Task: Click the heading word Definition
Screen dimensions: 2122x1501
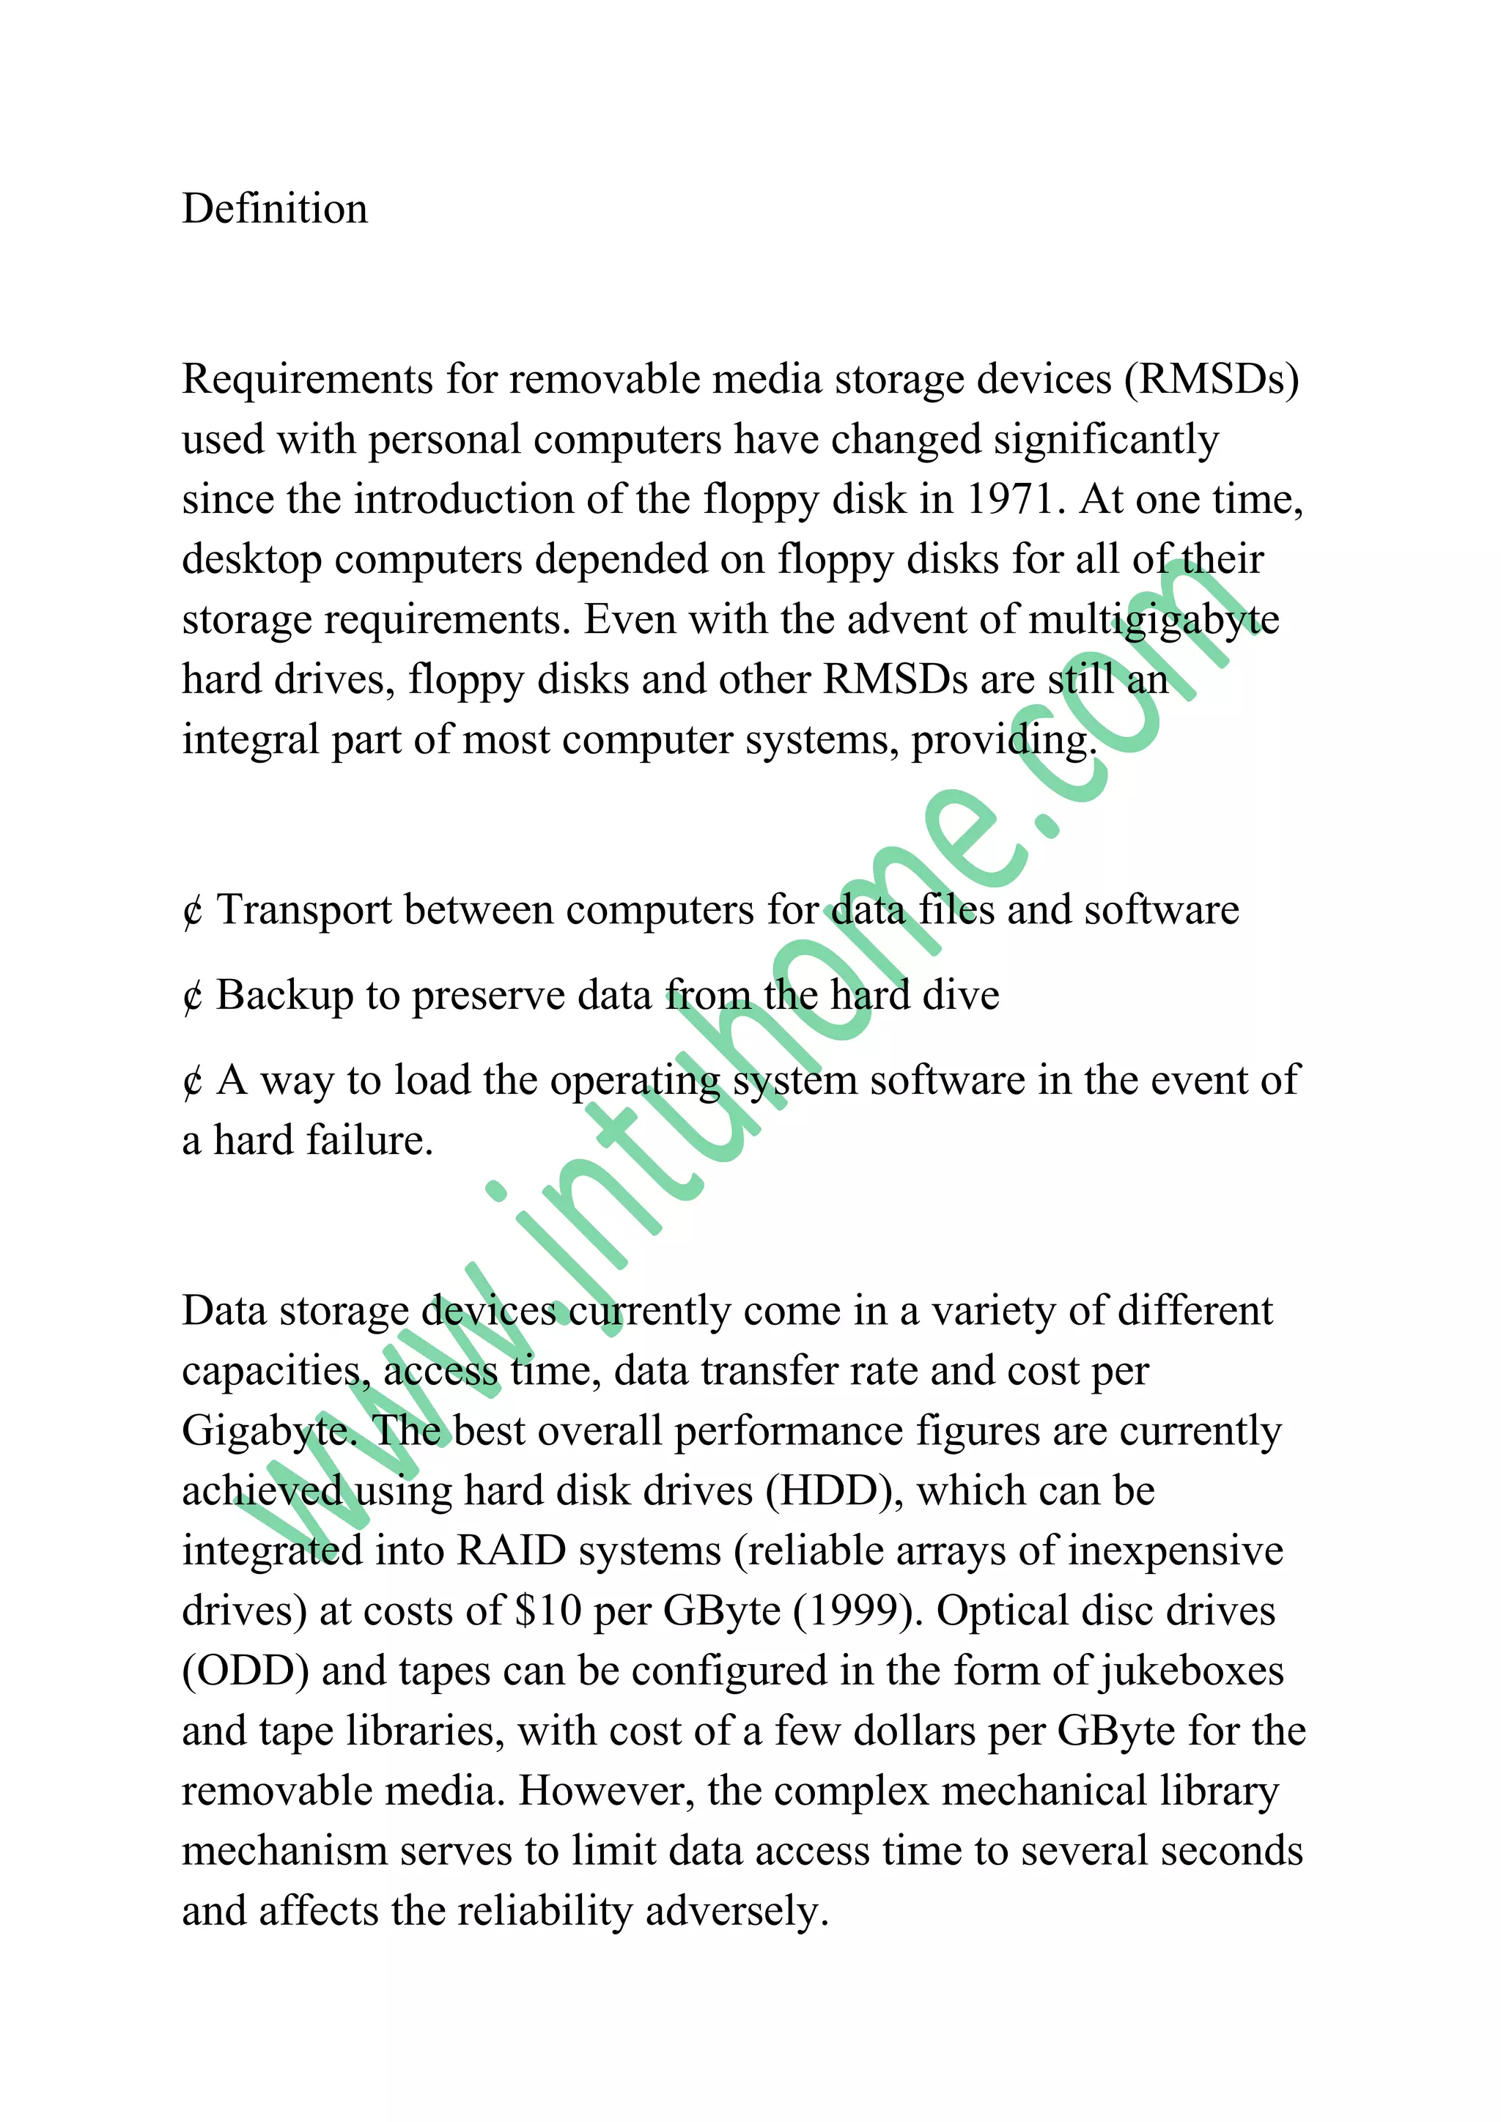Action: [275, 209]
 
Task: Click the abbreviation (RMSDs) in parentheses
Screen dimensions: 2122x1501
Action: [1212, 380]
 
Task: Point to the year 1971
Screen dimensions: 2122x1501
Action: [1011, 500]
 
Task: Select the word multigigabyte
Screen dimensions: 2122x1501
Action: [1154, 620]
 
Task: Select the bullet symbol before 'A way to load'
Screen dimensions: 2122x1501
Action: [192, 1082]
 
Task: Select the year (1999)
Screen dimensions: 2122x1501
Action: [859, 1612]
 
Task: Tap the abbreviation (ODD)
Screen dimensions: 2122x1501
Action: [245, 1672]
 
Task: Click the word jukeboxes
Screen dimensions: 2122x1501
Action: [1192, 1672]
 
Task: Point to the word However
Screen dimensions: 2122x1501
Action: [605, 1792]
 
